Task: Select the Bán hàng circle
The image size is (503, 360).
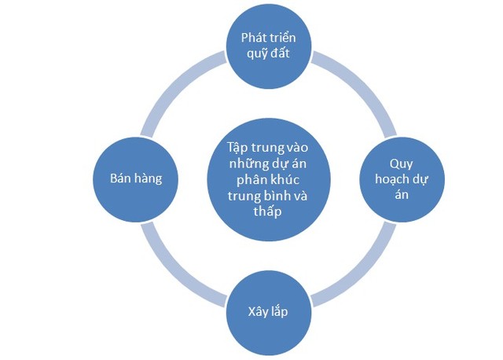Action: pyautogui.click(x=136, y=178)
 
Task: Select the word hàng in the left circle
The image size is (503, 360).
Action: pyautogui.click(x=149, y=178)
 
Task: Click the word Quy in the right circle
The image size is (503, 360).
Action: pyautogui.click(x=402, y=163)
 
